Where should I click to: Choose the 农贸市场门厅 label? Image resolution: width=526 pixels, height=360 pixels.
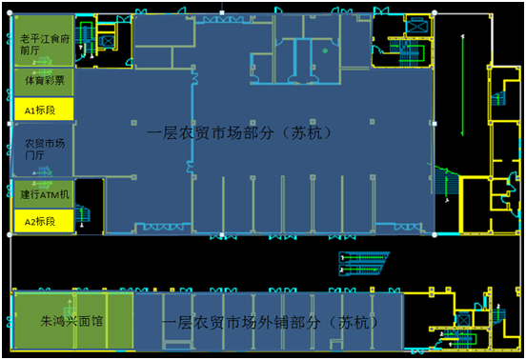[42, 151]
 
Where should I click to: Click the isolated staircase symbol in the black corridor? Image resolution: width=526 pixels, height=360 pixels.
[363, 261]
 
